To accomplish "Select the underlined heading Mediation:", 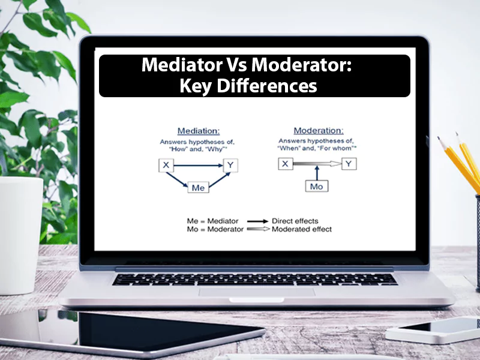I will click(x=198, y=131).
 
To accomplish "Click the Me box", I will click(x=198, y=187).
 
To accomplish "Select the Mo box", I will click(x=316, y=187).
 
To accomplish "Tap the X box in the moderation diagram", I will click(x=286, y=163).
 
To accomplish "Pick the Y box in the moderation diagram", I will click(x=349, y=163).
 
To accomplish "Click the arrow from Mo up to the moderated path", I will click(x=316, y=174).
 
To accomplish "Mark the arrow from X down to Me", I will click(x=179, y=178).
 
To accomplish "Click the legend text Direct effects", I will click(x=295, y=220).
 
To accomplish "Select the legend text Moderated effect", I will click(x=301, y=229).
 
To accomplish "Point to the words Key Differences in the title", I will click(x=248, y=86).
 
